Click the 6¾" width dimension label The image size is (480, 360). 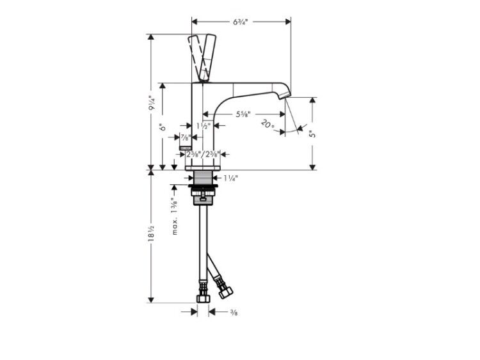pyautogui.click(x=241, y=22)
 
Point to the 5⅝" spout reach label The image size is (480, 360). pyautogui.click(x=243, y=114)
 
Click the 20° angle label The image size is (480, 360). pyautogui.click(x=268, y=124)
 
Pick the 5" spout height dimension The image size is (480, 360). pyautogui.click(x=312, y=134)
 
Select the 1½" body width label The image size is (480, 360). pyautogui.click(x=204, y=126)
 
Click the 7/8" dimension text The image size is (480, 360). pyautogui.click(x=185, y=137)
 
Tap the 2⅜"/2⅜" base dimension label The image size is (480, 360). pyautogui.click(x=203, y=155)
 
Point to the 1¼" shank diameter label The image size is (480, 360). pyautogui.click(x=230, y=178)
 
